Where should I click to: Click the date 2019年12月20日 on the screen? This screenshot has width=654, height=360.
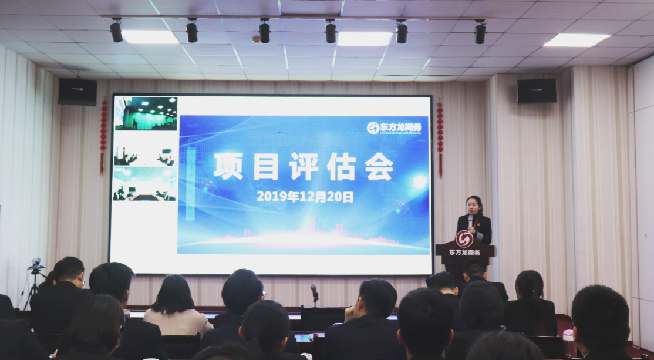click(305, 197)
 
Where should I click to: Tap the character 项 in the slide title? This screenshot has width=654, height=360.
click(228, 166)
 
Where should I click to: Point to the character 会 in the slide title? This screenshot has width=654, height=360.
click(379, 166)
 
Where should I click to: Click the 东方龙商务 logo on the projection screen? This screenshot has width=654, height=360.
click(394, 127)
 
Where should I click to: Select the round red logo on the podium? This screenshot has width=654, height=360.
click(464, 239)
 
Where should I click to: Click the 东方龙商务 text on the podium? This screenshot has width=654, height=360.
click(464, 253)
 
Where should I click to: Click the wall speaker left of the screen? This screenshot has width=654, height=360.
click(77, 92)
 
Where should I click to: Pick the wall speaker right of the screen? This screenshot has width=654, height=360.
click(536, 90)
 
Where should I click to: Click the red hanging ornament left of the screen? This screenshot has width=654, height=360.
click(103, 135)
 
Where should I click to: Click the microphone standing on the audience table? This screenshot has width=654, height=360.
click(315, 292)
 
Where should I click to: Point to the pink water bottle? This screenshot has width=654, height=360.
click(568, 343)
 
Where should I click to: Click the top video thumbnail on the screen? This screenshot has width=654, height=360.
click(146, 113)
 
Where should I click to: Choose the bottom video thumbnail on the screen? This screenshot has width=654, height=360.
click(144, 184)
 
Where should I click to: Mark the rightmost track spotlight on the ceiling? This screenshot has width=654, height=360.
click(480, 32)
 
